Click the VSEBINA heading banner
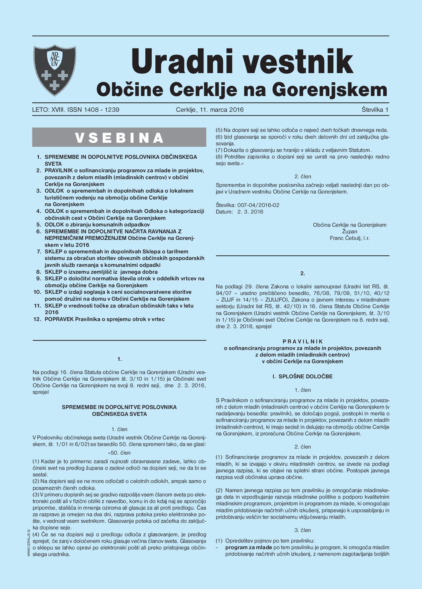pyautogui.click(x=119, y=138)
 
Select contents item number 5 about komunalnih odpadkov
pyautogui.click(x=97, y=225)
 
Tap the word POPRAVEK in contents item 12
pyautogui.click(x=59, y=319)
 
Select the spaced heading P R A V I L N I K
pyautogui.click(x=302, y=342)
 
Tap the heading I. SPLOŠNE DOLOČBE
pyautogui.click(x=302, y=377)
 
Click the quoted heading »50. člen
pyautogui.click(x=119, y=453)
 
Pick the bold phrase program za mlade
pyautogui.click(x=249, y=547)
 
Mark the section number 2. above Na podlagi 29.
pyautogui.click(x=302, y=273)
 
